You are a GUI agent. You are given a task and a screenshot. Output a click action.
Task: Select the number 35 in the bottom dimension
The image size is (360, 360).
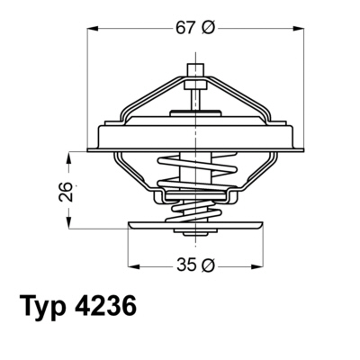[186, 265]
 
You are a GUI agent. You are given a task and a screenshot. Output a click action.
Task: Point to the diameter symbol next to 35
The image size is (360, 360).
[208, 265]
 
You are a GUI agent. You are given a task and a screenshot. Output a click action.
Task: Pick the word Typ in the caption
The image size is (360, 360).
[43, 306]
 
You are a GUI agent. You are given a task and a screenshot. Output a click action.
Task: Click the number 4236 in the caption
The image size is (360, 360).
[104, 306]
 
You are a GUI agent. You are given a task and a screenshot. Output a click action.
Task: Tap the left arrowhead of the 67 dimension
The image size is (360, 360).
[93, 29]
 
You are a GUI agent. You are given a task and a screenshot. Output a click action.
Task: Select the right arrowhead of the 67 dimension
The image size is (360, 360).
[299, 29]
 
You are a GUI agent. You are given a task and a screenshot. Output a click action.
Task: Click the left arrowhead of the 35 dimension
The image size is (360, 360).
[134, 265]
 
